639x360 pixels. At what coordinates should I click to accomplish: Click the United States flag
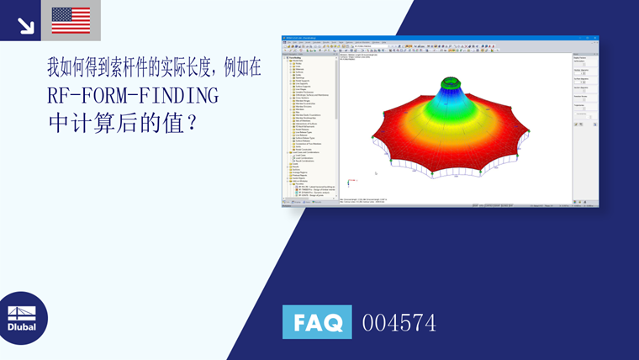point(71,20)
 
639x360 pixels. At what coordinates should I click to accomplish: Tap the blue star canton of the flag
point(61,13)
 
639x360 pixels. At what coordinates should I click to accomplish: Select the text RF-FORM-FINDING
point(133,95)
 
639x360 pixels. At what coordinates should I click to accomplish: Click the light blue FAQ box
point(317,322)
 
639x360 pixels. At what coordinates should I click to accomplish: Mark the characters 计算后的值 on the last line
point(124,124)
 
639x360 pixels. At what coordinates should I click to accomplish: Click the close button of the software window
point(596,38)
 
